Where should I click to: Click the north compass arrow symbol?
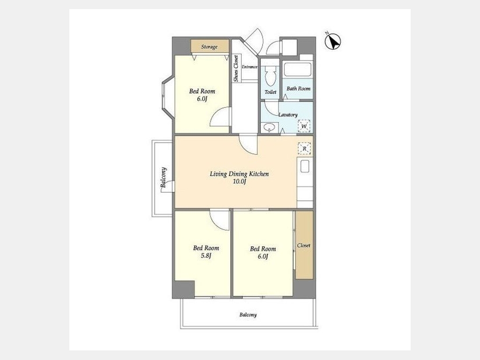[333, 42]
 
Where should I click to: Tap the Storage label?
[210, 47]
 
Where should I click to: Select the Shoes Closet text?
[236, 68]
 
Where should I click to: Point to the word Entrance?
[250, 67]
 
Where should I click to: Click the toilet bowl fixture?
[270, 76]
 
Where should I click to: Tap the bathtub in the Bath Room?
[298, 70]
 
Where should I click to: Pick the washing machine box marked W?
[304, 126]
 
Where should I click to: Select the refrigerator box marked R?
[305, 149]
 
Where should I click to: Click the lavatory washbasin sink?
[269, 127]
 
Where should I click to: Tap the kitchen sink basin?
[305, 166]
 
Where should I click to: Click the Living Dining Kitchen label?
[239, 174]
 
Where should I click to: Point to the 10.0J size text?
[239, 181]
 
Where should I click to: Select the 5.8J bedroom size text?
[206, 256]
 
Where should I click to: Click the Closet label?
[303, 245]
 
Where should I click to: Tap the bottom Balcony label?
[248, 315]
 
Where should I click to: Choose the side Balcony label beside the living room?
[164, 178]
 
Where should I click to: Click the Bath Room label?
[299, 89]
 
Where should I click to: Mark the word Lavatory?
[288, 115]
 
